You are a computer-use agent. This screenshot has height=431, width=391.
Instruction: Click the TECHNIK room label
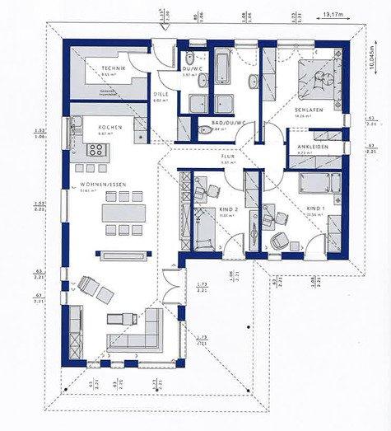[113, 68]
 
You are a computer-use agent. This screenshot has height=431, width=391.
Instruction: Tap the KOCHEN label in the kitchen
[110, 127]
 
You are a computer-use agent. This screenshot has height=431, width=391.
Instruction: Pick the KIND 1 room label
[317, 208]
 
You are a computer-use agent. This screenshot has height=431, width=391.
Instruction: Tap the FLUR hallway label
[228, 156]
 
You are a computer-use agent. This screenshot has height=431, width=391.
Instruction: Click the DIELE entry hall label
[161, 94]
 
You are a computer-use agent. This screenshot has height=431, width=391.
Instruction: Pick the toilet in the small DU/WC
[189, 59]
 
